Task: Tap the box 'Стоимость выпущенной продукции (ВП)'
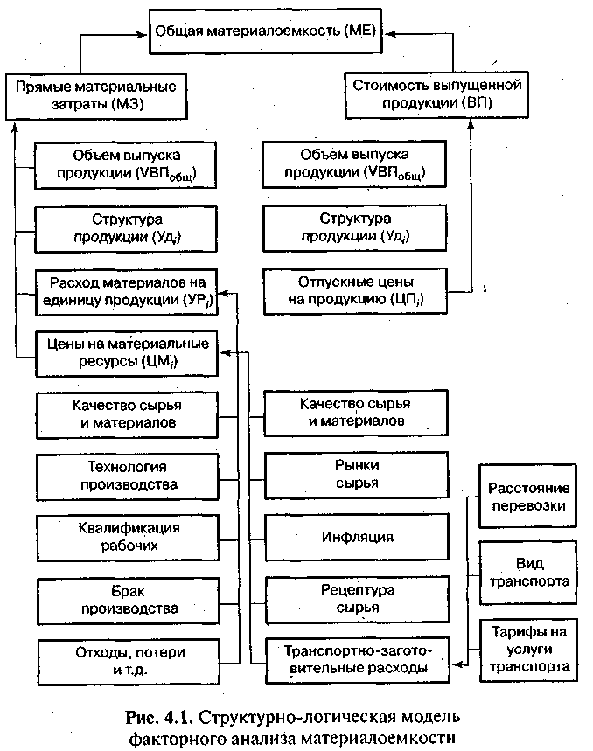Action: [x=436, y=94]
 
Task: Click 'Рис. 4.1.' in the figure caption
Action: [x=157, y=719]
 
